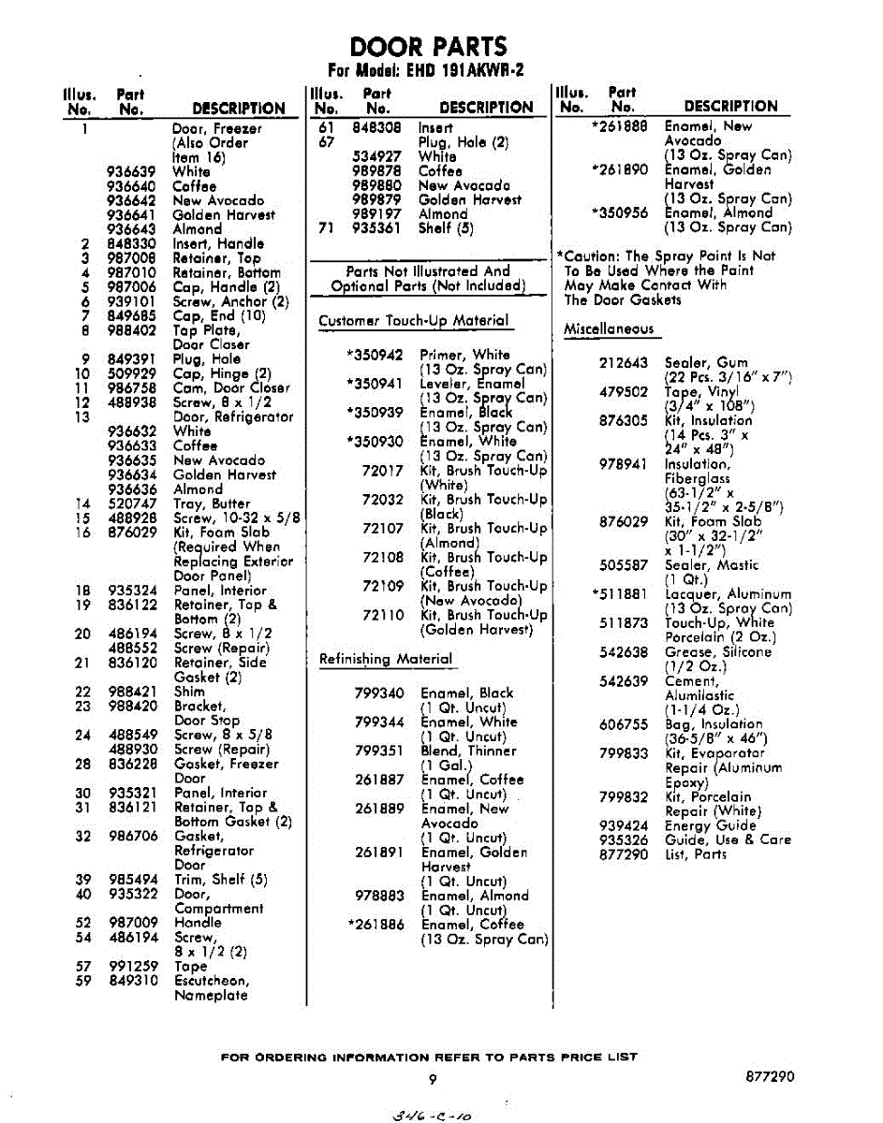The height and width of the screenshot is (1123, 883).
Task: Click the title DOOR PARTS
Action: point(429,47)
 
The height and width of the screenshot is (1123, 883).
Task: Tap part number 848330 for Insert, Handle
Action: point(130,243)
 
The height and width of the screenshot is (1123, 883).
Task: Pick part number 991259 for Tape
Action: point(132,966)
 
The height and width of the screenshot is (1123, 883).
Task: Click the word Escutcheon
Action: point(212,981)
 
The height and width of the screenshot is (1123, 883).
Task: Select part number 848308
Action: point(376,128)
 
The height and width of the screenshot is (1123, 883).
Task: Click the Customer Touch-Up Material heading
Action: point(414,321)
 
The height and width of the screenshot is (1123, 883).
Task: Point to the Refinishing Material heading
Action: point(386,659)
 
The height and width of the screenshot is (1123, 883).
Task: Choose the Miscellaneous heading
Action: point(608,329)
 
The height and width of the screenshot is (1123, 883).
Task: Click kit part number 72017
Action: point(382,471)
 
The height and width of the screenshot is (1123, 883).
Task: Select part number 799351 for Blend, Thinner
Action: point(379,751)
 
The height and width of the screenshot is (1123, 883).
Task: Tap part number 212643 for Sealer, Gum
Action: point(624,363)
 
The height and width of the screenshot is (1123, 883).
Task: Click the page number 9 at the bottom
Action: point(433,1078)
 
